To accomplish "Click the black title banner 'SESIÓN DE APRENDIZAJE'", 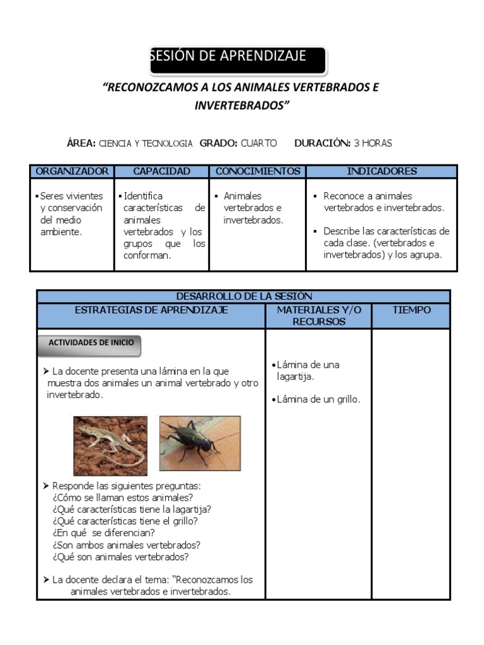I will pyautogui.click(x=238, y=59).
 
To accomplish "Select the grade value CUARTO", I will pyautogui.click(x=258, y=144).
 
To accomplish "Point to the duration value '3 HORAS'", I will pyautogui.click(x=372, y=144).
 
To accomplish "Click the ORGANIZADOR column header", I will pyautogui.click(x=72, y=171).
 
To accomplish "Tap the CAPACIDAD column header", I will pyautogui.click(x=161, y=171).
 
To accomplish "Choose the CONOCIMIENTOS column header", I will pyautogui.click(x=258, y=171).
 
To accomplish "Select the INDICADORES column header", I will pyautogui.click(x=381, y=171).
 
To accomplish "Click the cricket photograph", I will pyautogui.click(x=200, y=443).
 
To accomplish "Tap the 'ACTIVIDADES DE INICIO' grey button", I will pyautogui.click(x=90, y=343).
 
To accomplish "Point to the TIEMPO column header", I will pyautogui.click(x=411, y=311).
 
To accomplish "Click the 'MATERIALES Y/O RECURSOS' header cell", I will pyautogui.click(x=318, y=316).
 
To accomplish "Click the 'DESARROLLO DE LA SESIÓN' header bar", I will pyautogui.click(x=243, y=296).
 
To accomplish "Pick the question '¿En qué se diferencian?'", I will pyautogui.click(x=104, y=534).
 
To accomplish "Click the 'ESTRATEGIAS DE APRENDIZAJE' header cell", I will pyautogui.click(x=151, y=311).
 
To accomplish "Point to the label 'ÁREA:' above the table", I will pyautogui.click(x=81, y=144).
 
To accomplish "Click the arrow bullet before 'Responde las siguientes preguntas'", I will pyautogui.click(x=46, y=486).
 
